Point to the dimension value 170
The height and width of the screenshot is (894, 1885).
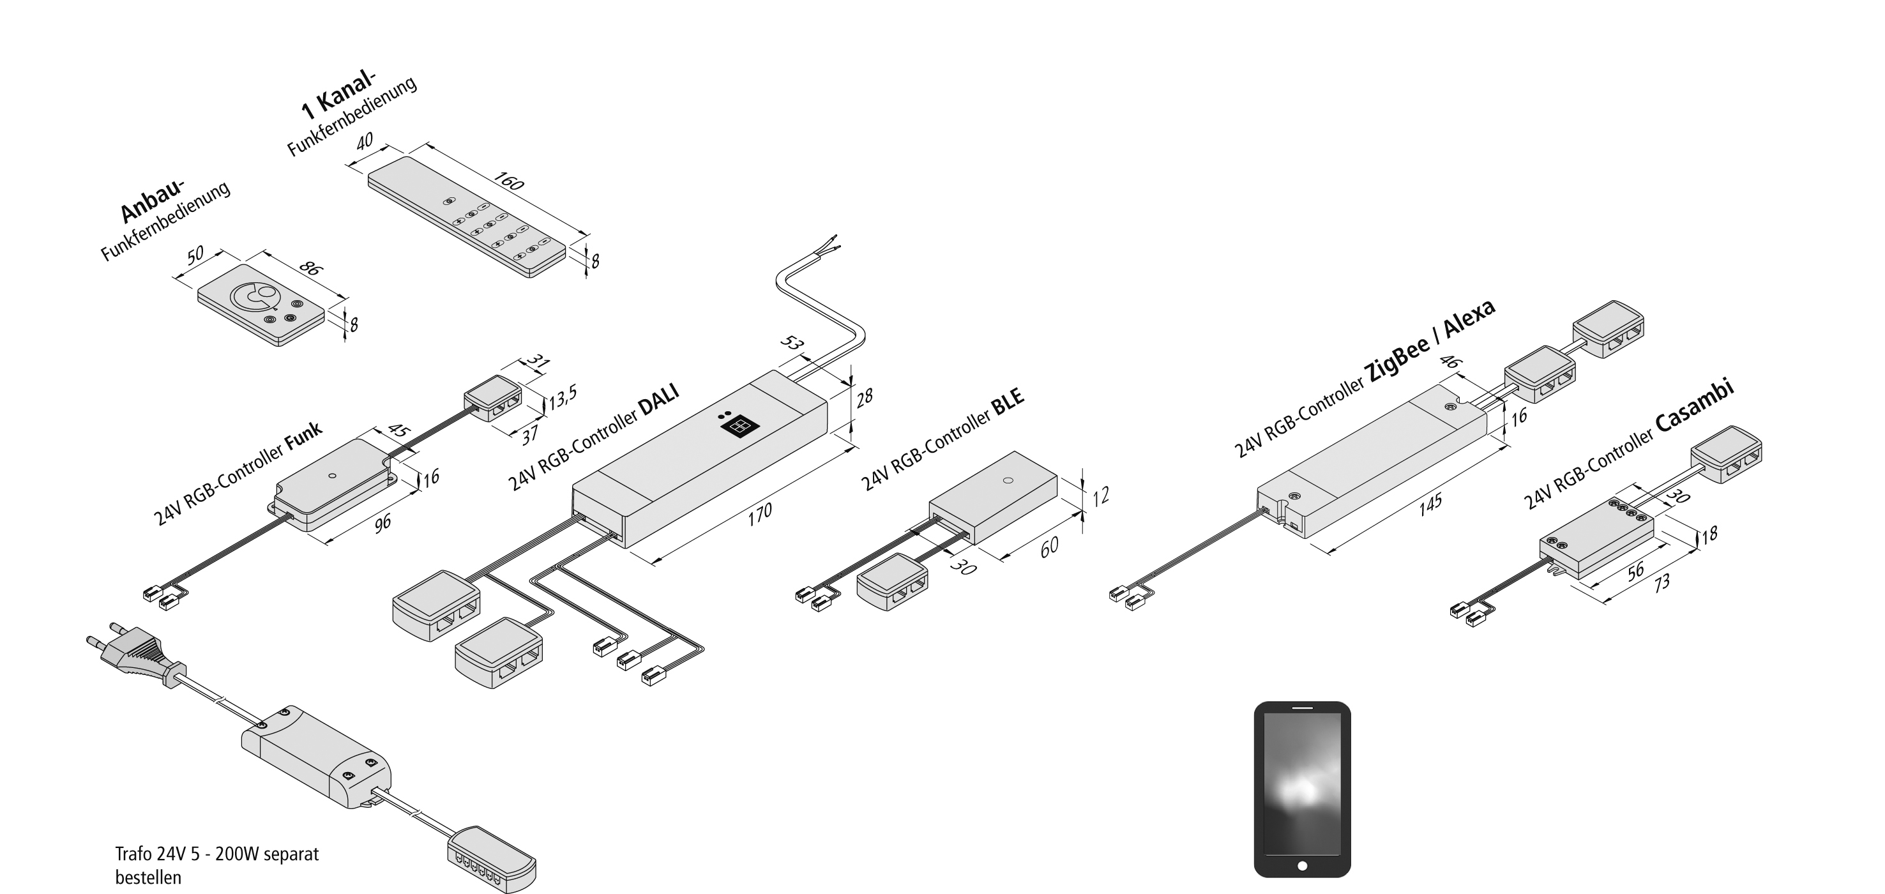coord(760,513)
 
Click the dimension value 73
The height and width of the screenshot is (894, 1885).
coord(1662,582)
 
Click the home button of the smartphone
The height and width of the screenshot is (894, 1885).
coord(1302,866)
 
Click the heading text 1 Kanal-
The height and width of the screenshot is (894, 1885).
coord(338,96)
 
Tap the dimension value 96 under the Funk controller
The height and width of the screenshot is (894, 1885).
coord(382,524)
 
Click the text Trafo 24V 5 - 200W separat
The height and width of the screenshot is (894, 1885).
coord(217,854)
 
